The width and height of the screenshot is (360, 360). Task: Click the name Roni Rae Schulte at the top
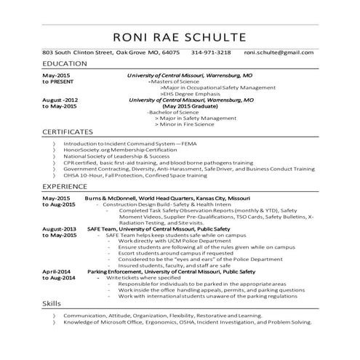[180, 37]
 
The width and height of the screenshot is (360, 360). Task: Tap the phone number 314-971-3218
[211, 53]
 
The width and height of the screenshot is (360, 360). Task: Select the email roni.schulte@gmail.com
[279, 53]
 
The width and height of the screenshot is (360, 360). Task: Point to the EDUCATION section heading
[65, 65]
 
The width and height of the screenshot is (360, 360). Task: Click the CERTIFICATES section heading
[68, 132]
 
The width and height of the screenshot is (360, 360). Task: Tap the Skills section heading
[52, 301]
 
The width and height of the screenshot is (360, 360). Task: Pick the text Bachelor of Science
[172, 112]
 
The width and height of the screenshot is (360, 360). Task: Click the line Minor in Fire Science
[190, 124]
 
